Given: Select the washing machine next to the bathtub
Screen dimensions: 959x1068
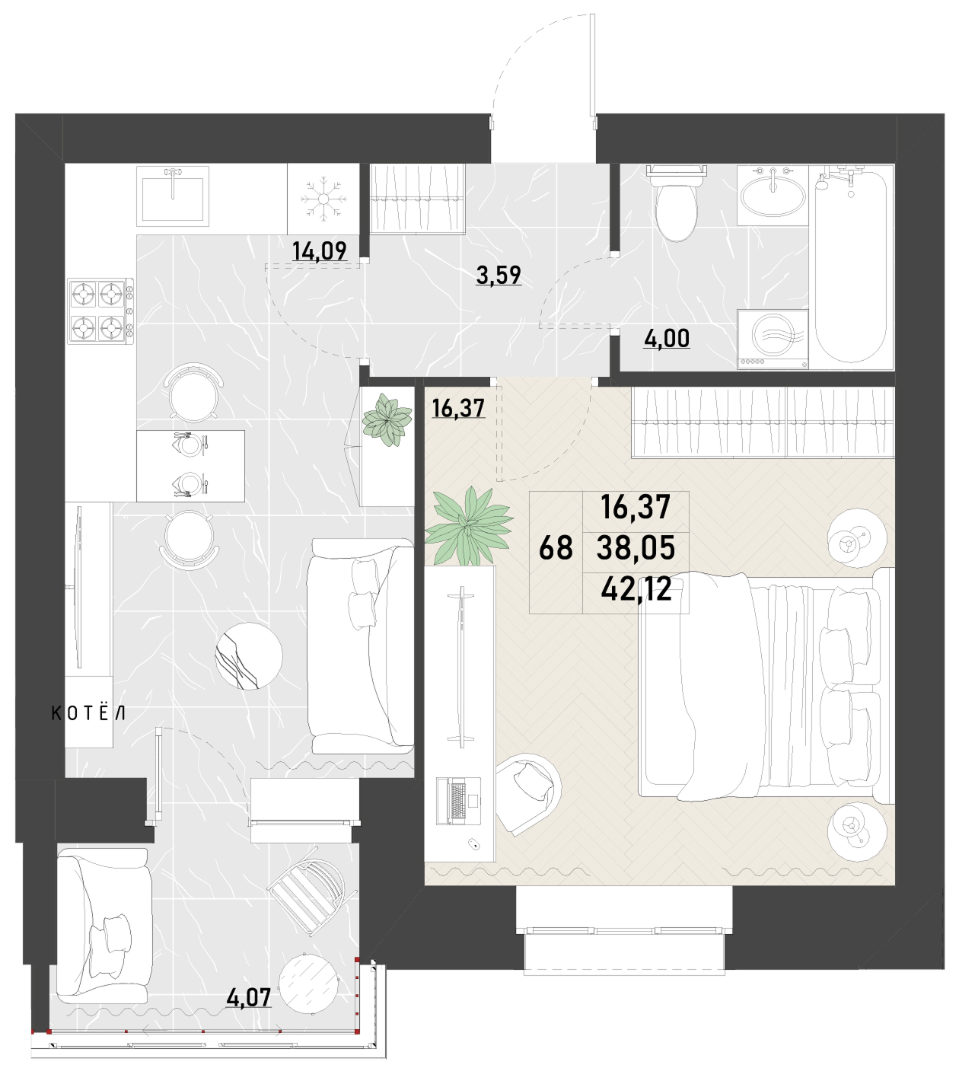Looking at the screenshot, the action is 773,339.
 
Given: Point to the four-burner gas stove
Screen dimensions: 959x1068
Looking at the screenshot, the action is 100,311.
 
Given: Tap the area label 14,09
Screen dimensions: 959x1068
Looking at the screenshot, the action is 320,251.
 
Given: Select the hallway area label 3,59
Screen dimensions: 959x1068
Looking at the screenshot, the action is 499,275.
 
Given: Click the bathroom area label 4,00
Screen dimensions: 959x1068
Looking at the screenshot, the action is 667,339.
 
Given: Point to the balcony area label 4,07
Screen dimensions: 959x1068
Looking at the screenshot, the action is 248,997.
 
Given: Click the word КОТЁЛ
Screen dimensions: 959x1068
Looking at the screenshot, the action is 88,713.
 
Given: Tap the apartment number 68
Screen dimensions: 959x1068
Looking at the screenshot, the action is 556,548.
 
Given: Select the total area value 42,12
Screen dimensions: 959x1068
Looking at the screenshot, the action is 636,589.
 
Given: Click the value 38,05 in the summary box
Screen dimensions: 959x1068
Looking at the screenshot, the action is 636,548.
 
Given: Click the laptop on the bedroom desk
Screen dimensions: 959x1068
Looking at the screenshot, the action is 459,802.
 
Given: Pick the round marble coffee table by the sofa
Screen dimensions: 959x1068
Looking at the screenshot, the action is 249,655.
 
